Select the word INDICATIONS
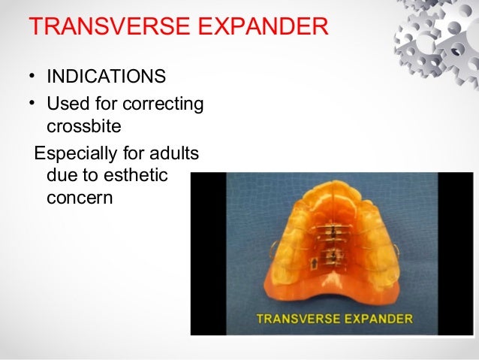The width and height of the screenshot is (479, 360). click(107, 77)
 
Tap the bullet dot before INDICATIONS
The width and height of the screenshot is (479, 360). click(33, 78)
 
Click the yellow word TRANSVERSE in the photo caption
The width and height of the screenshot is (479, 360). click(297, 319)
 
